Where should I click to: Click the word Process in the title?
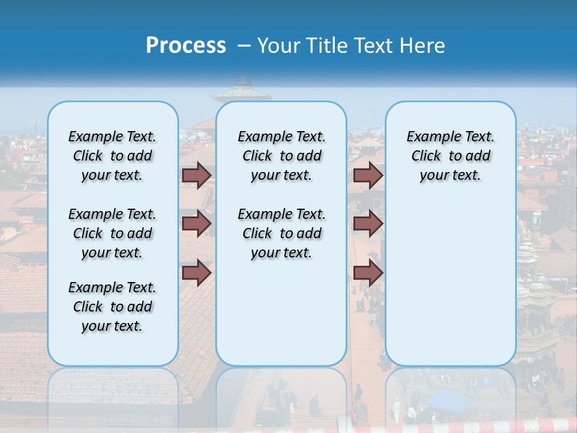[186, 45]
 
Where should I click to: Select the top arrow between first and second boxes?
[197, 175]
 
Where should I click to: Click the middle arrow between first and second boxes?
[197, 224]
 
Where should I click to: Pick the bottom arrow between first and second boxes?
[197, 273]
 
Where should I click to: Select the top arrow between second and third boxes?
[368, 175]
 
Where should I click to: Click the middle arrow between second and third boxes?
[368, 224]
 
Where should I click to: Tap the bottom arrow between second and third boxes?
[368, 273]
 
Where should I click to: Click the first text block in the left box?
[112, 156]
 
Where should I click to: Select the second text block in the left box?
[112, 233]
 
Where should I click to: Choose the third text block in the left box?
[112, 307]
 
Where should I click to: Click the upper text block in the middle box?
[281, 156]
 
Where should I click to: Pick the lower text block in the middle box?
[281, 233]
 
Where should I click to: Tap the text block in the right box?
[450, 156]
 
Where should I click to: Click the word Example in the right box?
[430, 137]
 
